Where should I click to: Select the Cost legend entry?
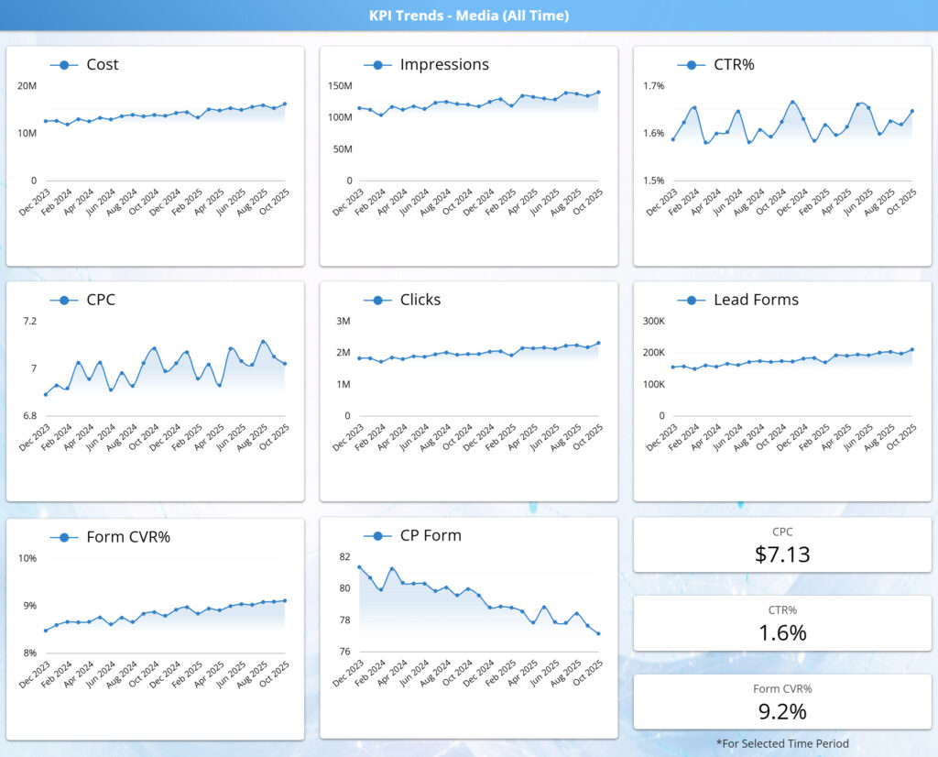tap(102, 65)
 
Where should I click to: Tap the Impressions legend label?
tap(443, 65)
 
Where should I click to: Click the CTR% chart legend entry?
tap(733, 65)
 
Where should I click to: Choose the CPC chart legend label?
tap(101, 300)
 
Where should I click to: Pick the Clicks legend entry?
tap(420, 300)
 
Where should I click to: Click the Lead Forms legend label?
tap(755, 300)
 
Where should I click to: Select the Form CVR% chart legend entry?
tap(127, 537)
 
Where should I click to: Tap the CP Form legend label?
tap(430, 535)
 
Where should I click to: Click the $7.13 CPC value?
tap(782, 554)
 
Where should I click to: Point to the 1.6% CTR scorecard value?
tap(782, 632)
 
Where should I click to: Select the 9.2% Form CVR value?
tap(782, 711)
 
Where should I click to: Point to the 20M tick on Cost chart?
tap(27, 86)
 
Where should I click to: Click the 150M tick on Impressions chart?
tap(340, 86)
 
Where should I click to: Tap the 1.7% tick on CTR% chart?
tap(654, 86)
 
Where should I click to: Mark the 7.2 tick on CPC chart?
tap(30, 322)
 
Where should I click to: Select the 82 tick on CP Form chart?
tap(344, 557)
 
